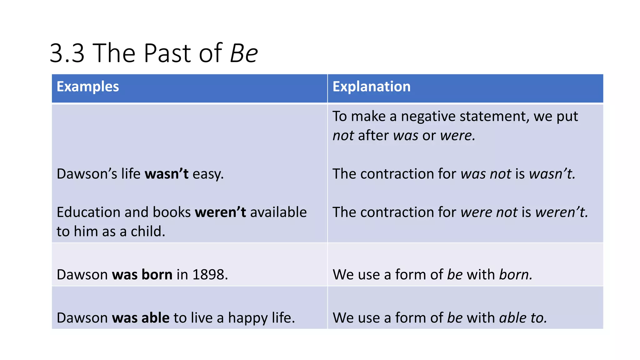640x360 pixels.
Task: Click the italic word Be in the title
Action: [244, 53]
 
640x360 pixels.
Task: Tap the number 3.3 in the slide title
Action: [67, 53]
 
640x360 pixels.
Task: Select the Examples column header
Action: [88, 87]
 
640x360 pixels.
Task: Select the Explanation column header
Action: [371, 87]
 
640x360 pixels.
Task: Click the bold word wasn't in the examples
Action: [167, 174]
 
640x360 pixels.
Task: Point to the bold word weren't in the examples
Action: [220, 212]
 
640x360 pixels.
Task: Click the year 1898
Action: [208, 275]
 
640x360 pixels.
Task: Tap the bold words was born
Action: [142, 275]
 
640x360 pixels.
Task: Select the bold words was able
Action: [141, 318]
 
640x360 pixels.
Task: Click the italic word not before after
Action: [343, 136]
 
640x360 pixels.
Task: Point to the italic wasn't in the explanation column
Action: [552, 174]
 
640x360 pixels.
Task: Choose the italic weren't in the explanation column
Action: [561, 212]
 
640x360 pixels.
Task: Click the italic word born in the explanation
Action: [515, 275]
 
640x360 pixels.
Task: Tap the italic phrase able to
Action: [522, 318]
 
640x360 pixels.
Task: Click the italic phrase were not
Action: [489, 212]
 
